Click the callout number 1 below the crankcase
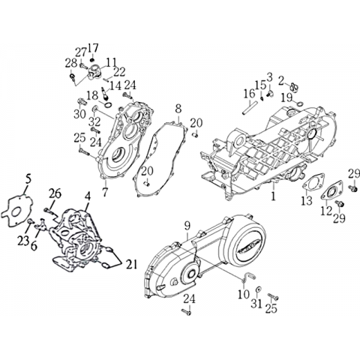pyautogui.click(x=273, y=196)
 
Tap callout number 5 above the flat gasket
pyautogui.click(x=28, y=179)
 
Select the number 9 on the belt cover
pyautogui.click(x=187, y=226)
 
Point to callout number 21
pyautogui.click(x=131, y=264)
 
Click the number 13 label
pyautogui.click(x=307, y=200)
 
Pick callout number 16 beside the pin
pyautogui.click(x=250, y=94)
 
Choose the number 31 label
pyautogui.click(x=256, y=304)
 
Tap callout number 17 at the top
pyautogui.click(x=93, y=48)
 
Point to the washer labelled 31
pyautogui.click(x=257, y=290)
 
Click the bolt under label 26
pyautogui.click(x=50, y=211)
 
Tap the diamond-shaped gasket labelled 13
pyautogui.click(x=313, y=181)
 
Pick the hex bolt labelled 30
pyautogui.click(x=82, y=102)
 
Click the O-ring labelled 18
pyautogui.click(x=108, y=105)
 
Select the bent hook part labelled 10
pyautogui.click(x=247, y=277)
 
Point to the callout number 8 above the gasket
pyautogui.click(x=178, y=109)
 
